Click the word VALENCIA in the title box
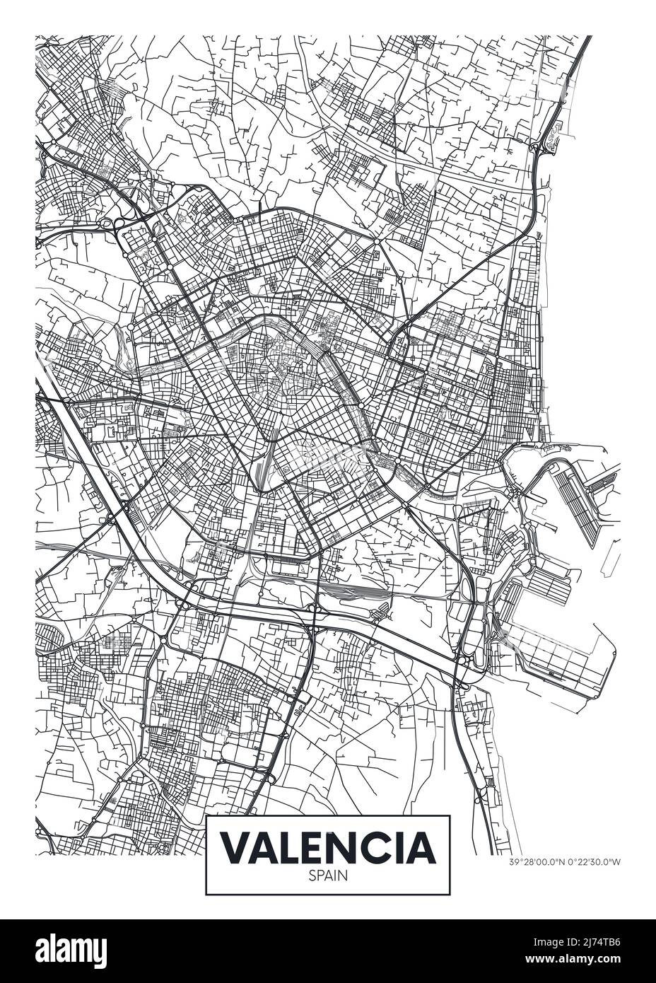tap(328, 847)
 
